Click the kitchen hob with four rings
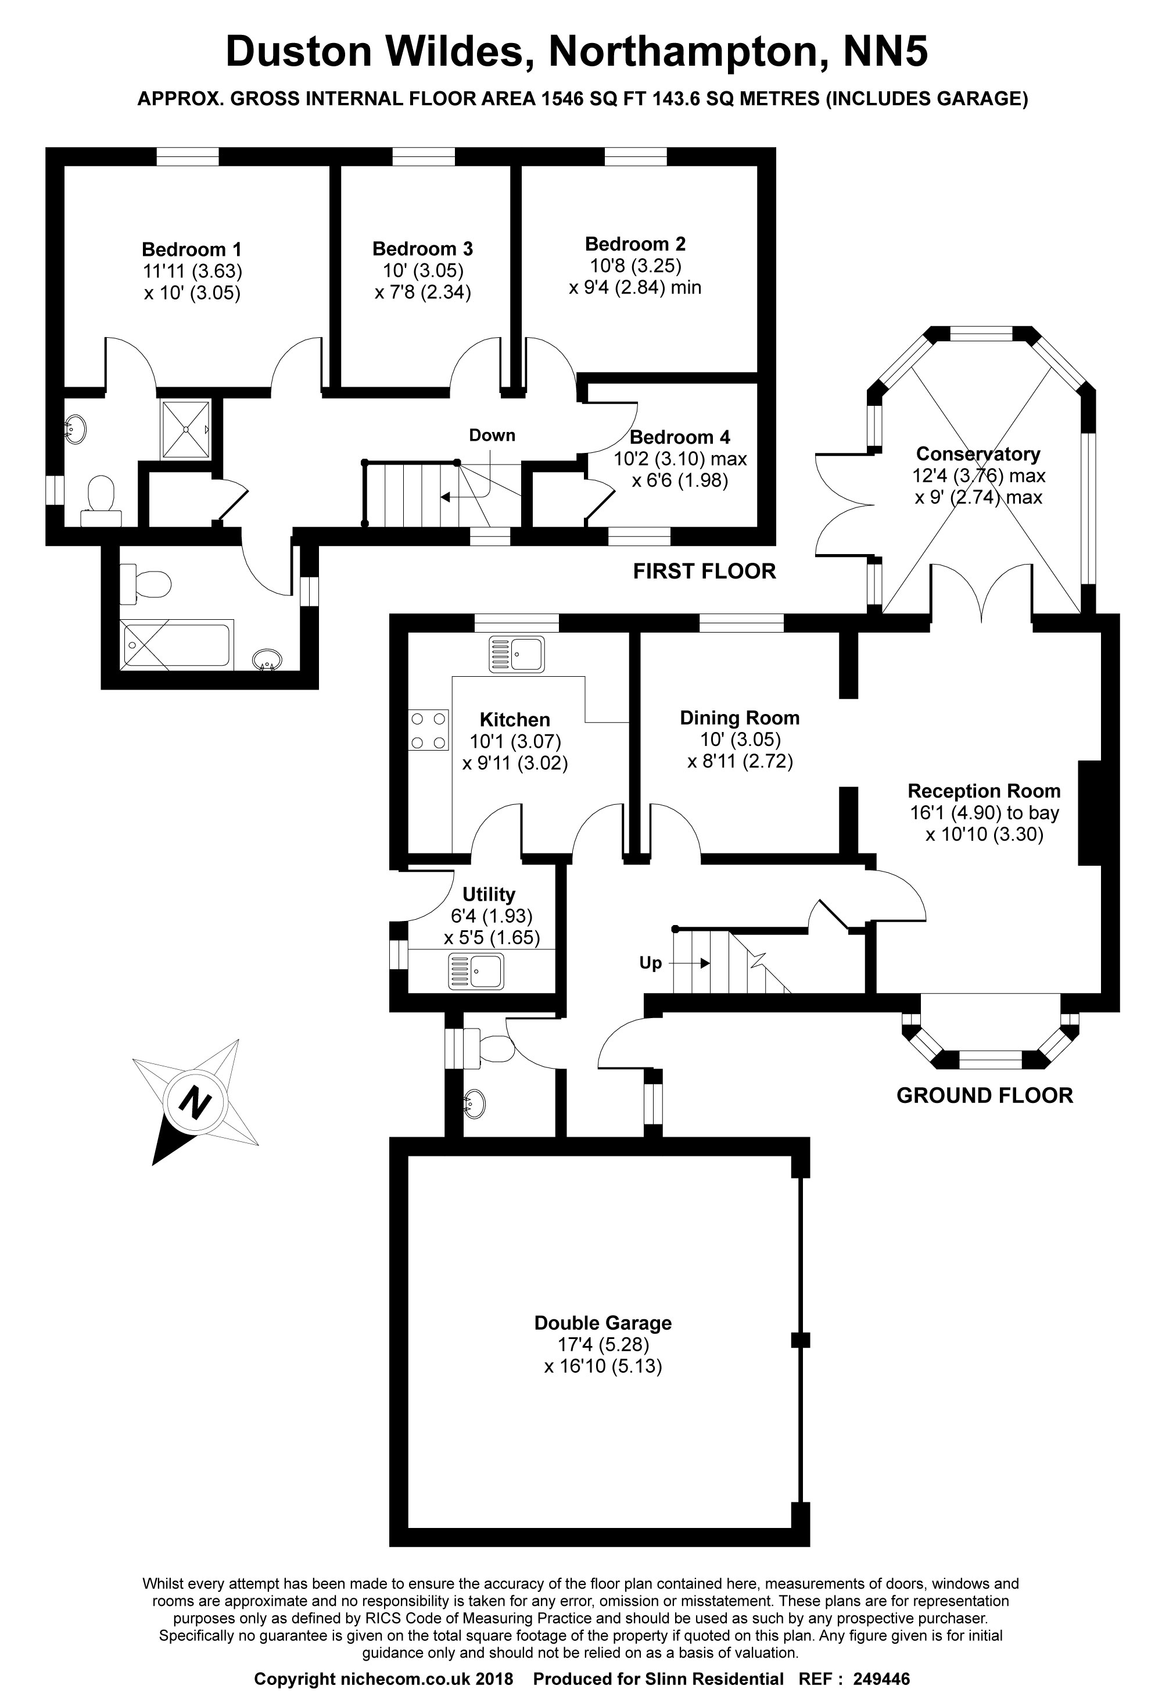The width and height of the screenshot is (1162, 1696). (428, 730)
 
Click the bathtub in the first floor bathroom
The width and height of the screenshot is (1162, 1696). (177, 644)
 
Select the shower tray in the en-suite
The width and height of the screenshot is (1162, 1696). (186, 429)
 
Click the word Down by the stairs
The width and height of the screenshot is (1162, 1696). (492, 435)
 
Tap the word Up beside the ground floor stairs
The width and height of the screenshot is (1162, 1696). (650, 963)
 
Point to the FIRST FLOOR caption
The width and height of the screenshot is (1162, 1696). (704, 572)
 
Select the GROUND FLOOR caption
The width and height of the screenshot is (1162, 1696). (984, 1095)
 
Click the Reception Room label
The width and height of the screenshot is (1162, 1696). (983, 791)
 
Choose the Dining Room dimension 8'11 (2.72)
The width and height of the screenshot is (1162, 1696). (740, 762)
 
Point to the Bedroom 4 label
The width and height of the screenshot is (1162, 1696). (679, 438)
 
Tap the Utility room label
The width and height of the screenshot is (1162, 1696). (489, 894)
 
